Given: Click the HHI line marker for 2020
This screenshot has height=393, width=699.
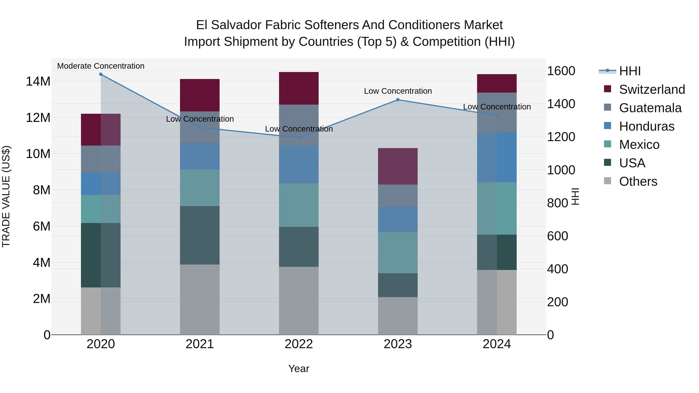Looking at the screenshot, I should point(101,74).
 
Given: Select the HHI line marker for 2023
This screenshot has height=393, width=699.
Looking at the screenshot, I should point(398,100).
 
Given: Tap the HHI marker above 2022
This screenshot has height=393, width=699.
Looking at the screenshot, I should point(299,138).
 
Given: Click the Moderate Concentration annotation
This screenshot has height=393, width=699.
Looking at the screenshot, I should point(101,66).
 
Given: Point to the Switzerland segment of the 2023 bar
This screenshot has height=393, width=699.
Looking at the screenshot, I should point(398,166).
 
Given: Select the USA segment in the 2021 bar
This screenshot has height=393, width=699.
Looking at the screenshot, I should point(200,235).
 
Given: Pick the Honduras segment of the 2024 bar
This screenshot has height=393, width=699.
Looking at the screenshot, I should point(497,157).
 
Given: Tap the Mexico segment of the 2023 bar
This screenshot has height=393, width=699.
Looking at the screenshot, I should point(398,252).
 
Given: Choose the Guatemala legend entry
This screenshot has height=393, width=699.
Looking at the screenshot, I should point(650,108).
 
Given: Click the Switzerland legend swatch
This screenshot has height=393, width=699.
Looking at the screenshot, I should point(608,89).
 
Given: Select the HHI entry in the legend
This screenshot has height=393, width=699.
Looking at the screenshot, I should point(629,71).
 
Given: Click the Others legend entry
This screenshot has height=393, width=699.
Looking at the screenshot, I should point(638,181).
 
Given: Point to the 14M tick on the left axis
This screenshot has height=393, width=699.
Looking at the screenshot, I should point(38,81).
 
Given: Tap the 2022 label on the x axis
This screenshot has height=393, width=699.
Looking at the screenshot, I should point(299,344).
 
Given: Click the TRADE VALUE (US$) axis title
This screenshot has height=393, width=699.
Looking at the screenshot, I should point(6,196).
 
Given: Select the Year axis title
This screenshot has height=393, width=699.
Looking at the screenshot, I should point(299,369).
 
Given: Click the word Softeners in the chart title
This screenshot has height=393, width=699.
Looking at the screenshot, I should point(332,25).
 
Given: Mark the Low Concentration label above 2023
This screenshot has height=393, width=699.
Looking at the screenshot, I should point(398,91).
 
